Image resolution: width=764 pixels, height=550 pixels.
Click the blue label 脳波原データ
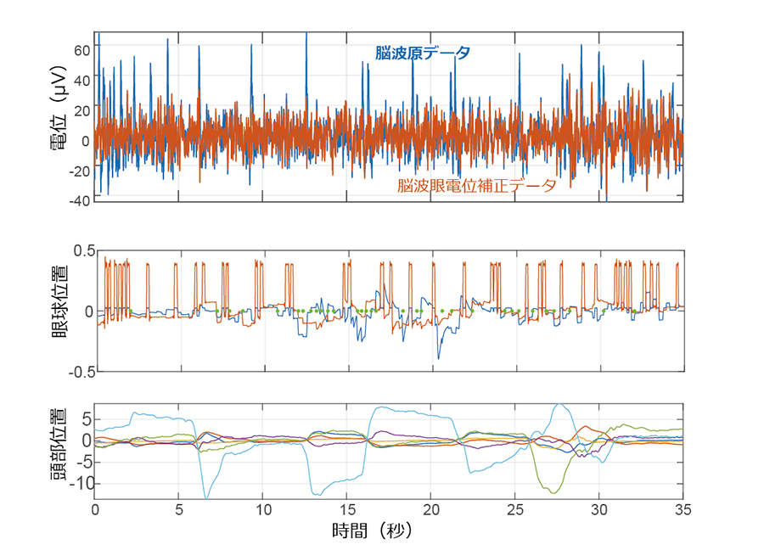click(x=423, y=53)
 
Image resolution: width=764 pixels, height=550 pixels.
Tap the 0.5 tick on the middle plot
click(x=81, y=251)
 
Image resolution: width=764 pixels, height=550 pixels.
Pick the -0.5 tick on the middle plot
click(x=80, y=372)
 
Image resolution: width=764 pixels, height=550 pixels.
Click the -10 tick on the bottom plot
click(x=79, y=484)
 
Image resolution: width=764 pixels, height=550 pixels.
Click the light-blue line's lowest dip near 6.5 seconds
click(x=205, y=497)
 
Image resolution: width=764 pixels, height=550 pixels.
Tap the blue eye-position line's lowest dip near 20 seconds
click(x=439, y=358)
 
